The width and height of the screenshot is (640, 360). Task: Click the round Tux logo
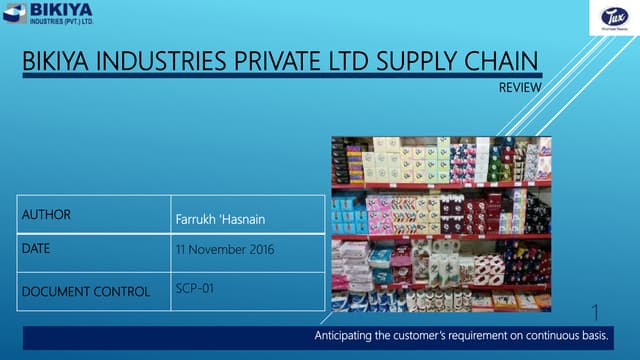612,17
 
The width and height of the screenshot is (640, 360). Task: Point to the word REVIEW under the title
520,88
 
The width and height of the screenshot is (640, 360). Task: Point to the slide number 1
596,312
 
